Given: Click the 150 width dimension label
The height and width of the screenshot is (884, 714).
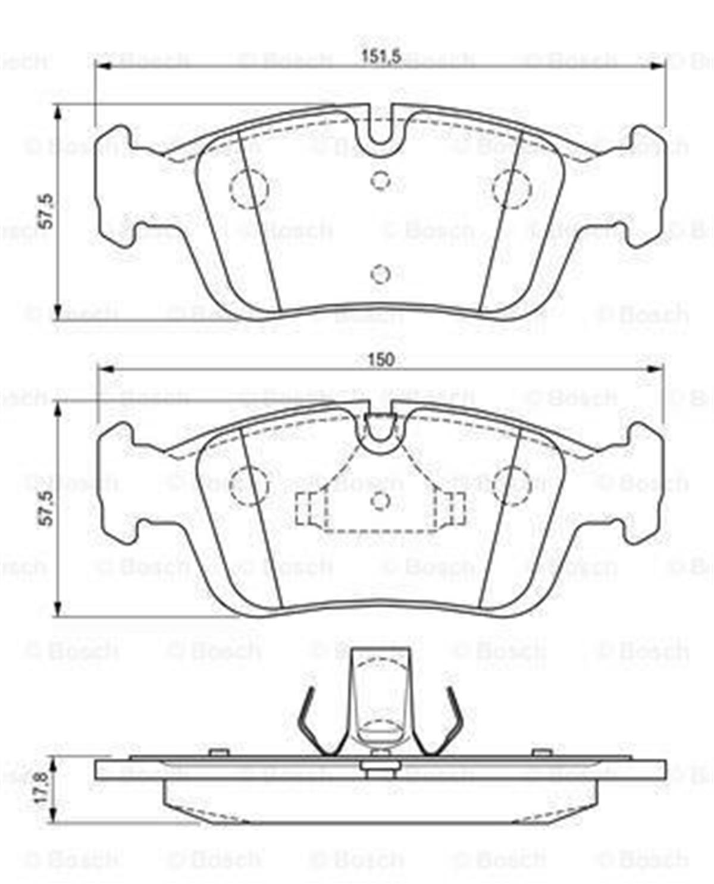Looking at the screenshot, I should click(x=381, y=359).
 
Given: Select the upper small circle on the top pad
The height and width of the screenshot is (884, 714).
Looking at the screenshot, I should click(x=380, y=179).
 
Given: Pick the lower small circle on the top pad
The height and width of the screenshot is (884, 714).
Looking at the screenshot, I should click(x=380, y=274).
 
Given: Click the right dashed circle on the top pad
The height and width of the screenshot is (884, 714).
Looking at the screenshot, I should click(x=512, y=188).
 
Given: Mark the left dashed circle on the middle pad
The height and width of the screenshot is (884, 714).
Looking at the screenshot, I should click(x=250, y=485).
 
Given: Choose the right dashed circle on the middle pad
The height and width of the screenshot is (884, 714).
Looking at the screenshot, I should click(x=512, y=485).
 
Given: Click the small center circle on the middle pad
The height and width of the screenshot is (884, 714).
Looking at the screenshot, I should click(x=380, y=501).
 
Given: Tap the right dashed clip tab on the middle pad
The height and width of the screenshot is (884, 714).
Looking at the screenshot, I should click(x=450, y=510).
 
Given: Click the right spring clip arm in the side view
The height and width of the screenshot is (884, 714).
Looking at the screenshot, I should click(x=447, y=723).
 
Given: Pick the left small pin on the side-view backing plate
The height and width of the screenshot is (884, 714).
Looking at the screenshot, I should click(x=220, y=753).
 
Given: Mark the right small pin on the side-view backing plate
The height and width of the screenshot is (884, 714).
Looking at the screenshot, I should click(x=541, y=753).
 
